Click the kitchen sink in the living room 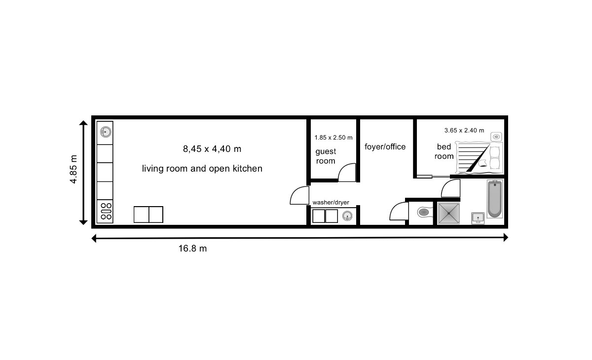click(106, 132)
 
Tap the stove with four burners click(105, 211)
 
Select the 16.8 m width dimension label click(192, 249)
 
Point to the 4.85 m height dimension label click(74, 169)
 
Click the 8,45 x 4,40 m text click(212, 149)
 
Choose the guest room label click(326, 156)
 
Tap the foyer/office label click(385, 146)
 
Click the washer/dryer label click(331, 203)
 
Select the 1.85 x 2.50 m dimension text click(333, 138)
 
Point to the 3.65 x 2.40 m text click(464, 131)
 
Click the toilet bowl click(423, 212)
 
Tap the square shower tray click(448, 214)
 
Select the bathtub click(494, 199)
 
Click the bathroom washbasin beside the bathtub click(478, 218)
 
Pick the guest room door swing click(347, 173)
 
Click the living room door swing click(299, 195)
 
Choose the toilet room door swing click(399, 211)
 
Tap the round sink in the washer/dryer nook click(347, 216)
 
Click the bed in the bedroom click(480, 158)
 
